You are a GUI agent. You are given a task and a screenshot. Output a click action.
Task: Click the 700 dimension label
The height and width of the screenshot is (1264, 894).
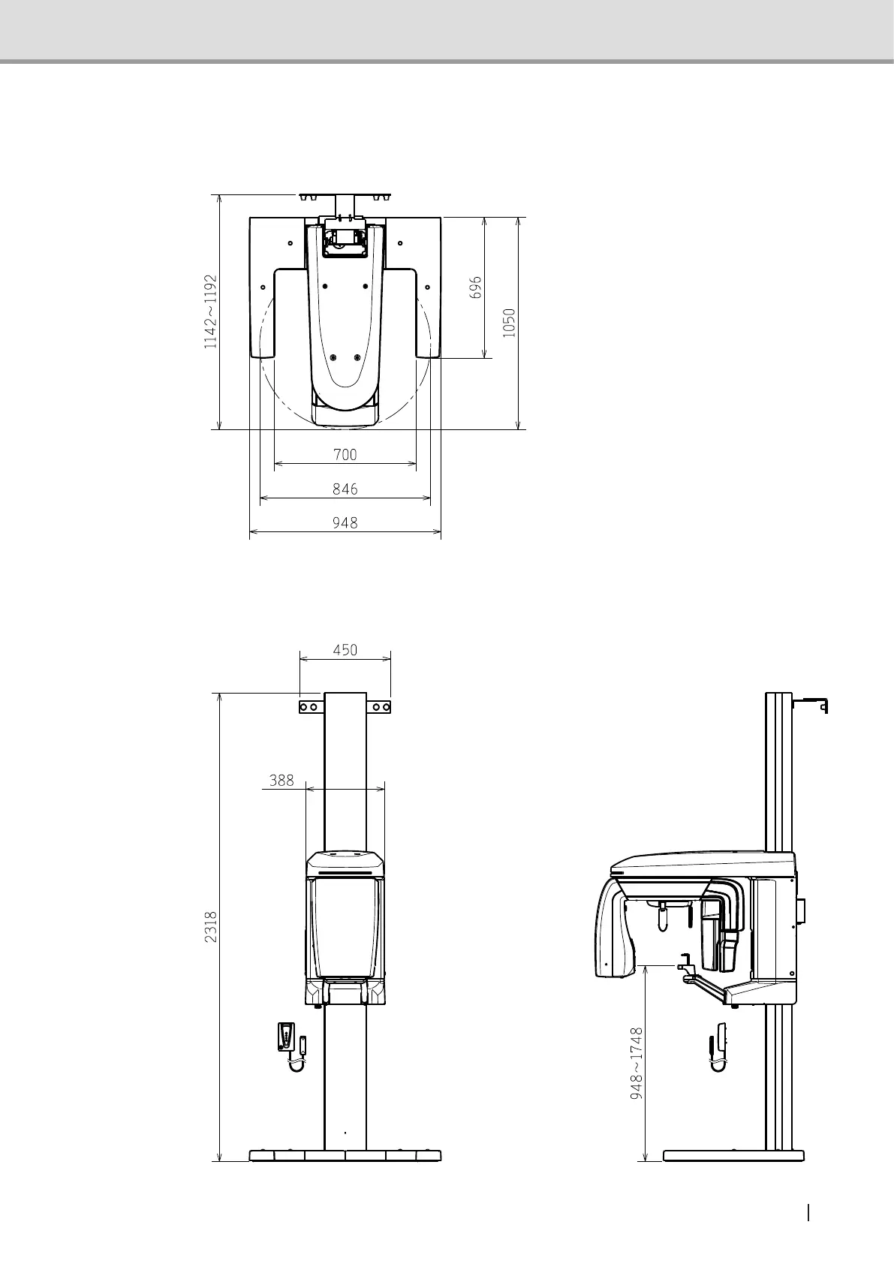pyautogui.click(x=345, y=454)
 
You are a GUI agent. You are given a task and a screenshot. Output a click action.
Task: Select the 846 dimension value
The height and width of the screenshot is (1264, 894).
pyautogui.click(x=345, y=489)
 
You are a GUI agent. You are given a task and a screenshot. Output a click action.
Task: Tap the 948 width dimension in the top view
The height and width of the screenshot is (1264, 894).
pyautogui.click(x=345, y=522)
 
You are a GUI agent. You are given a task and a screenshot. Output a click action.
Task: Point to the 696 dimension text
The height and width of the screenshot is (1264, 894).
pyautogui.click(x=476, y=287)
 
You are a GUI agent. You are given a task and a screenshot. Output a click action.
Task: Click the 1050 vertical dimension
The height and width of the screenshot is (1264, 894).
pyautogui.click(x=509, y=323)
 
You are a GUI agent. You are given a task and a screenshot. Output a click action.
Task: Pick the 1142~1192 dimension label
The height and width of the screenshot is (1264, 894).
pyautogui.click(x=210, y=311)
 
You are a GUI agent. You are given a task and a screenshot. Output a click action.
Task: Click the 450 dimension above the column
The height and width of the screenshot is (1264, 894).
pyautogui.click(x=345, y=650)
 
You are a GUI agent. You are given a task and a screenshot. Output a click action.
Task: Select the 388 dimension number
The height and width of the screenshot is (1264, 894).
pyautogui.click(x=281, y=781)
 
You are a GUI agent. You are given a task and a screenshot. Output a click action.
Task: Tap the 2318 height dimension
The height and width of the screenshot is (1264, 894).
pyautogui.click(x=210, y=926)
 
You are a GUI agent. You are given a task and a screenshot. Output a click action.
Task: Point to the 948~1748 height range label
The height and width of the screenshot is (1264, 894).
pyautogui.click(x=637, y=1063)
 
